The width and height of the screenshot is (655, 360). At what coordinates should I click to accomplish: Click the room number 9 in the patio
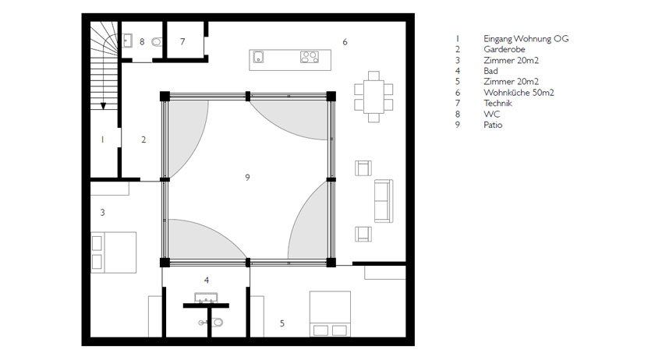[x=247, y=178]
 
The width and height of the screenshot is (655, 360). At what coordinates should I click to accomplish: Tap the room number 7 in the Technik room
[x=182, y=41]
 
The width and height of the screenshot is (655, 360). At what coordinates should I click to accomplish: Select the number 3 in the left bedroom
[x=102, y=213]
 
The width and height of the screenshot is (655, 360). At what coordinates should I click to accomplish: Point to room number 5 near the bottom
[x=282, y=323]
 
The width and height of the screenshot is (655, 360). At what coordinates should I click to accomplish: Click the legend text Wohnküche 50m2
[x=519, y=92]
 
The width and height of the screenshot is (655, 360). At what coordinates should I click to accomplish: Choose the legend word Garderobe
[x=505, y=49]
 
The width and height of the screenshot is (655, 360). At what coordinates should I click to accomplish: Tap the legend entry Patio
[x=493, y=125]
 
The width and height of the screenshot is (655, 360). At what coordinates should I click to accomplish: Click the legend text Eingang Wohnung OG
[x=526, y=38]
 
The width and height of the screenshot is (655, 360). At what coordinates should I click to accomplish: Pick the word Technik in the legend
[x=498, y=103]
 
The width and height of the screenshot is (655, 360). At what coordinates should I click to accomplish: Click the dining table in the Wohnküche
[x=374, y=97]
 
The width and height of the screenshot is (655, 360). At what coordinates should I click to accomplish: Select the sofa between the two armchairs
[x=384, y=201]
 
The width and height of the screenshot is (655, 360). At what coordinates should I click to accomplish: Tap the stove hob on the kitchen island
[x=310, y=57]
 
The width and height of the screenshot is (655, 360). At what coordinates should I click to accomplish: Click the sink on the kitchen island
[x=259, y=57]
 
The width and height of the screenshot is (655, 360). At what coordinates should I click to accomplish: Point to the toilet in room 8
[x=157, y=42]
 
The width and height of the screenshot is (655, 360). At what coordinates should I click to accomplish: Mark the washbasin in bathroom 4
[x=206, y=298]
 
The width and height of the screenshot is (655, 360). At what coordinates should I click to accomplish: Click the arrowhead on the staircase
[x=103, y=106]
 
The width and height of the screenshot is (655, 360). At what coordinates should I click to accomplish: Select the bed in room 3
[x=114, y=252]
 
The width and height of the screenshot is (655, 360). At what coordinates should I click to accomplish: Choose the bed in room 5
[x=330, y=314]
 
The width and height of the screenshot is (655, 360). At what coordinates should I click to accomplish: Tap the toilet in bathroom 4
[x=212, y=323]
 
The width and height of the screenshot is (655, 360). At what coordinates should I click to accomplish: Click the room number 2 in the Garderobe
[x=143, y=139]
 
